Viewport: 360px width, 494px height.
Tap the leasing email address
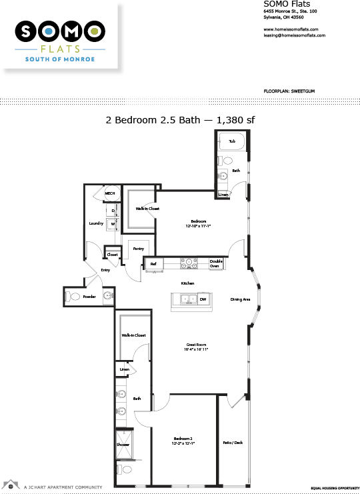click(294, 35)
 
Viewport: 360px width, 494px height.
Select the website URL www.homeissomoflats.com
click(291, 29)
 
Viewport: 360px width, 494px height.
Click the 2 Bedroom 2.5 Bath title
click(180, 121)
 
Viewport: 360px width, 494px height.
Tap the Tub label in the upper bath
click(232, 141)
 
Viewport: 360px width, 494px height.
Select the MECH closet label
click(110, 194)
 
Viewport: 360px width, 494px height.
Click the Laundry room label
click(96, 223)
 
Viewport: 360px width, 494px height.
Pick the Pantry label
click(139, 249)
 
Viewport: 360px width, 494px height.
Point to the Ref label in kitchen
click(153, 264)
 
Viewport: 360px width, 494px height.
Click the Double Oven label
click(216, 263)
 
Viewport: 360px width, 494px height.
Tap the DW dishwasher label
click(203, 300)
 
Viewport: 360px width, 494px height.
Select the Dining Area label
click(240, 299)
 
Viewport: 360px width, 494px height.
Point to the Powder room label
click(89, 295)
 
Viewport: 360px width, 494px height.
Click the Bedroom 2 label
click(179, 439)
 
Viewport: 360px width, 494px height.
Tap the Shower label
click(123, 444)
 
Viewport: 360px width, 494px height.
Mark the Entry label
click(105, 270)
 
